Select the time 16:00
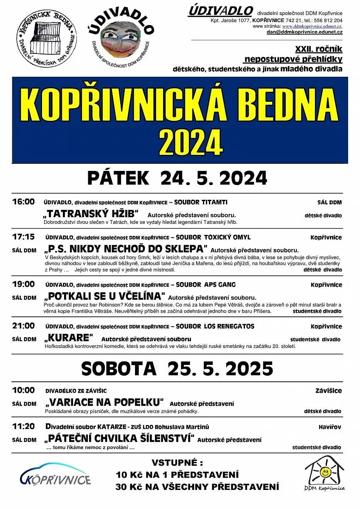coord(23,201)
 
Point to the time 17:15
coord(23,237)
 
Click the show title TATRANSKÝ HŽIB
coord(91,212)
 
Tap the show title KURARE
coord(68,338)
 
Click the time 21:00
coord(23,326)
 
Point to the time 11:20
coord(23,426)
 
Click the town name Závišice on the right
coord(329,391)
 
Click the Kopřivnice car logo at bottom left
coord(55,475)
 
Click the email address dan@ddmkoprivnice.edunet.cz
coord(304,31)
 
